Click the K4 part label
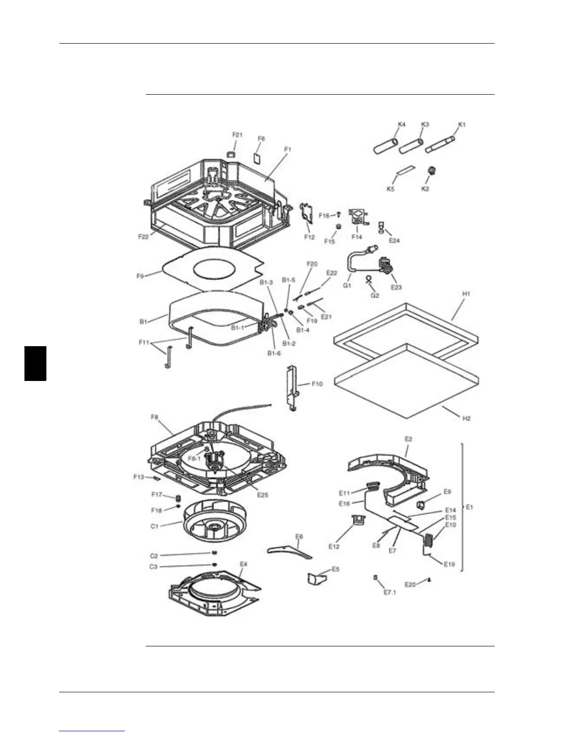[x=401, y=124]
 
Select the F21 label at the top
[x=237, y=135]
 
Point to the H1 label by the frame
[x=466, y=294]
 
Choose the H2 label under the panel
[x=466, y=418]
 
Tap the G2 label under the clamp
[x=374, y=295]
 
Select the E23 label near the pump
[x=396, y=287]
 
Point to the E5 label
[x=335, y=569]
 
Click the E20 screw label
[x=410, y=585]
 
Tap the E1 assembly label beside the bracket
[x=469, y=507]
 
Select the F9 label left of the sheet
[x=140, y=276]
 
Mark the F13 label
[x=138, y=477]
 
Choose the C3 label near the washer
[x=153, y=567]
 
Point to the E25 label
[x=263, y=495]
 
